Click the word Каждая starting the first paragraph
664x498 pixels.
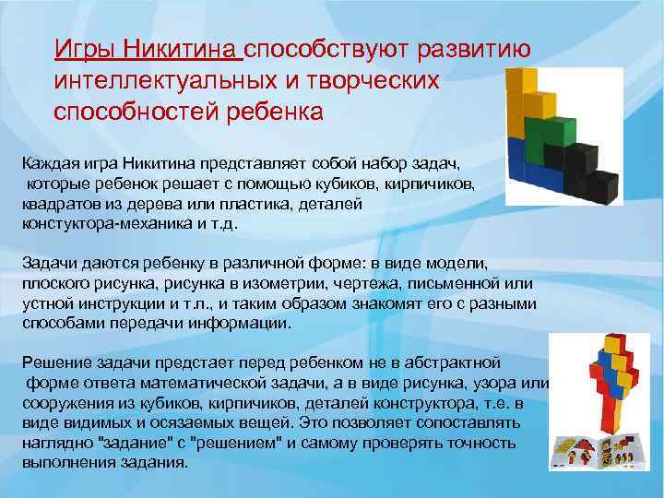coord(52,162)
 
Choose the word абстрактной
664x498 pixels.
coord(452,362)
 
